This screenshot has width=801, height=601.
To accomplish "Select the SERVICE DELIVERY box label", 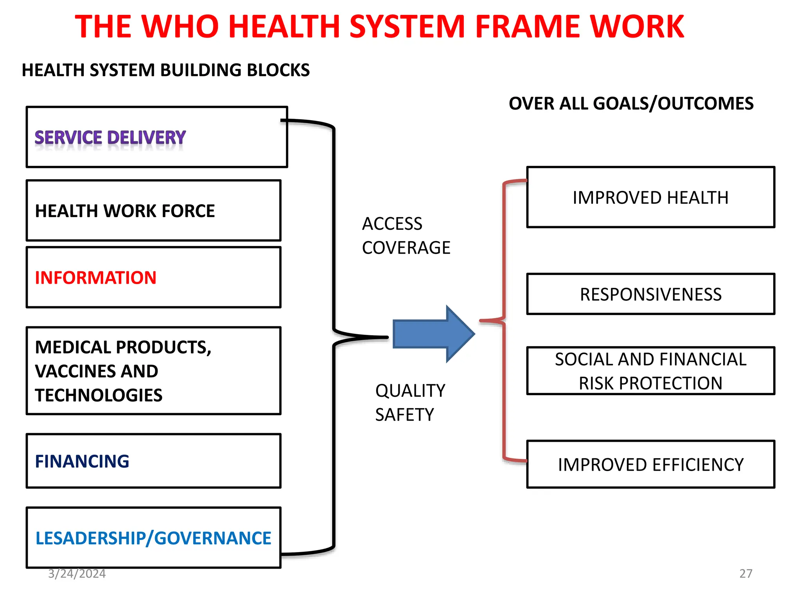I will (110, 138).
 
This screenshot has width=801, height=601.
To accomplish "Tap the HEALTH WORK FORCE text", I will (125, 211).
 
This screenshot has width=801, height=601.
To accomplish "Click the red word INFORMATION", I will (96, 278).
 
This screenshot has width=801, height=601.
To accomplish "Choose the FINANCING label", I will (82, 461).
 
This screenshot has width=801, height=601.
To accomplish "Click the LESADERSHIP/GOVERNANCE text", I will (153, 538).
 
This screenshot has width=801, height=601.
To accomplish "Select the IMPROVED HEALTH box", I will (650, 198).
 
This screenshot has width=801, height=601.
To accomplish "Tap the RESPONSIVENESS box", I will (650, 294).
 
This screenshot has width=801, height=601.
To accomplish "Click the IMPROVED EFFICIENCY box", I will (650, 464).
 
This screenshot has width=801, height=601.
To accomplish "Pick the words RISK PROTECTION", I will (650, 383).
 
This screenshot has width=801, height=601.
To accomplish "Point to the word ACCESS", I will (392, 224).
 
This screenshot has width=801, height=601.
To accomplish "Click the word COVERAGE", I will (406, 248).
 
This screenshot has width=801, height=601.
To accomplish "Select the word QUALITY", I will (410, 391).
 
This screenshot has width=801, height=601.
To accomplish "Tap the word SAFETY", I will (404, 415).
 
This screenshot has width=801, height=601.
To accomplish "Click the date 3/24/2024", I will (77, 574).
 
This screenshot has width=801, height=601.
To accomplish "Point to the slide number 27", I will (745, 574).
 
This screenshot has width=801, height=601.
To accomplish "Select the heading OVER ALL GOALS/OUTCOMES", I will (631, 104).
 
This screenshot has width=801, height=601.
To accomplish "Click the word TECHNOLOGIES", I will (99, 395).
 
